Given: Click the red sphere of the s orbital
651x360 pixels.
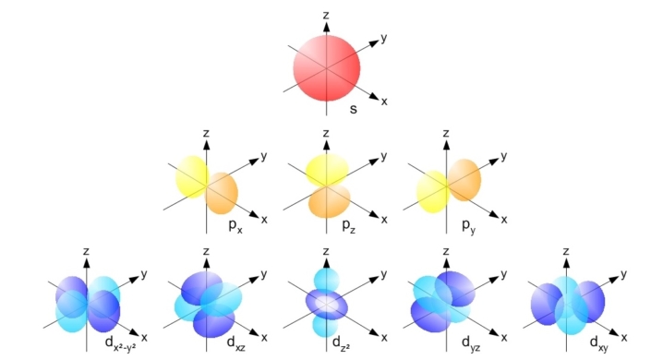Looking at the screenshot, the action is [325, 71].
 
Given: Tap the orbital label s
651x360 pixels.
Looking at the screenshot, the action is [353, 109].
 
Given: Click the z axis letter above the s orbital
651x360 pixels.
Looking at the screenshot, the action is [326, 14].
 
